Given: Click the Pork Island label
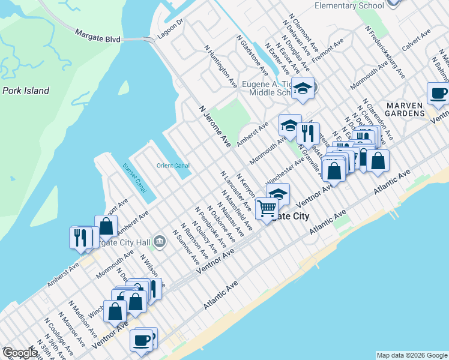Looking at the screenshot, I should point(25,91).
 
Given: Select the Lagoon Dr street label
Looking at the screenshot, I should point(170,31).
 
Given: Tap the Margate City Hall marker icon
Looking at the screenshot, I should point(160,242).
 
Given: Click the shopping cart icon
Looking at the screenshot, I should point(266,209).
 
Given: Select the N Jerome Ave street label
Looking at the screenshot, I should point(215,125).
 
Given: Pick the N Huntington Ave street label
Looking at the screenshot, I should point(220,66).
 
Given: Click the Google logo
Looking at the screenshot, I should point(19,353).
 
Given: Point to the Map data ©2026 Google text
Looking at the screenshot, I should point(411,355).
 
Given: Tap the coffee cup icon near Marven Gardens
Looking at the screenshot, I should point(438,93).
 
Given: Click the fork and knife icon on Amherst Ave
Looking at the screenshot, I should point(80,237).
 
